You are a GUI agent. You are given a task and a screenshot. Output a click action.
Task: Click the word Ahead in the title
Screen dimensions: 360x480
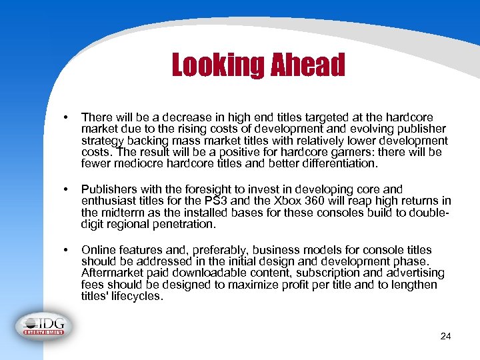307,65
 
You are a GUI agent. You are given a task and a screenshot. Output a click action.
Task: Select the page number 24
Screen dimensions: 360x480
446,336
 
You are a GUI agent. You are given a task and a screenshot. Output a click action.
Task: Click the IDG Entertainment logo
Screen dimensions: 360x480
45,324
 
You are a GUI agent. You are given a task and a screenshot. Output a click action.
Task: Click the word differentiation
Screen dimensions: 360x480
334,163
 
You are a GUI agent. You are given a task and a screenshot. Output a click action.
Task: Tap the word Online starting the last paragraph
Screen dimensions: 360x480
98,249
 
